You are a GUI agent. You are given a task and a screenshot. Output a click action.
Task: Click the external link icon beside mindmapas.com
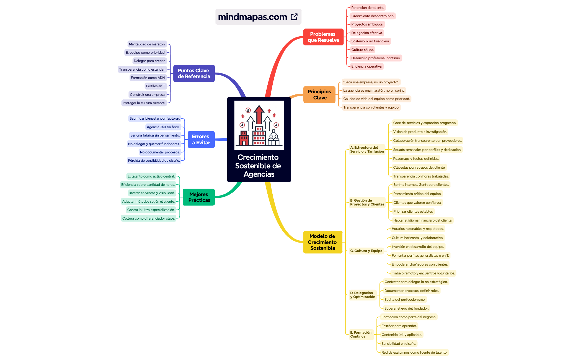[294, 17]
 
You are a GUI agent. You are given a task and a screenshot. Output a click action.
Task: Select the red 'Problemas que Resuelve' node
[323, 37]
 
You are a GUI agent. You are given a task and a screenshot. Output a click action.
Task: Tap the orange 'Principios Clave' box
[319, 95]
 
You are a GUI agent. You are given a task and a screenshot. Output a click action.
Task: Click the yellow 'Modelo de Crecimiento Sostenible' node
[322, 242]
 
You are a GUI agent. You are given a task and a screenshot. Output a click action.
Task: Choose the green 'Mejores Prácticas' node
[199, 197]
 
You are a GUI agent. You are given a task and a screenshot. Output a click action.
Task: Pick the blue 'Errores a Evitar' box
[201, 140]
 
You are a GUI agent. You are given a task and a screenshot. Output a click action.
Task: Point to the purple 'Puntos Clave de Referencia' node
[194, 73]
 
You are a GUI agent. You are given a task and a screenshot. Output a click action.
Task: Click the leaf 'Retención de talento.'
[368, 8]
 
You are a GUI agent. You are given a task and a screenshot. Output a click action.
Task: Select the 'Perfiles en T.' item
[156, 86]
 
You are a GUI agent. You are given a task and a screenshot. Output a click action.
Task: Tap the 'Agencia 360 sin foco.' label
[163, 127]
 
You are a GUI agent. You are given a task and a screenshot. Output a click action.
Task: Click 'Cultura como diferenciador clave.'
[148, 218]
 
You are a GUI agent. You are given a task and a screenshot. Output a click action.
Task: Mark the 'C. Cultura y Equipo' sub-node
[366, 251]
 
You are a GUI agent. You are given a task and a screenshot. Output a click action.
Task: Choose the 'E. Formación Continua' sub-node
[361, 335]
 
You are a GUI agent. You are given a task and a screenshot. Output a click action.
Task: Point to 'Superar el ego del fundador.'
[406, 308]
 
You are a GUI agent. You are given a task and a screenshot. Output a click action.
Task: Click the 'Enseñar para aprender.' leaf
[399, 326]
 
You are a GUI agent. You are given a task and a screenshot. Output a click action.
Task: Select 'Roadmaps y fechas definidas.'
[416, 159]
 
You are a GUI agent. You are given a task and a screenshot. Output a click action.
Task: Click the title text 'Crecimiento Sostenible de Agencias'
[259, 166]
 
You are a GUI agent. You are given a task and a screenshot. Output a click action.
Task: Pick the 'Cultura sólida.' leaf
[363, 50]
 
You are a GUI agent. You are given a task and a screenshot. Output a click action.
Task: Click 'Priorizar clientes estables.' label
[413, 212]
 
